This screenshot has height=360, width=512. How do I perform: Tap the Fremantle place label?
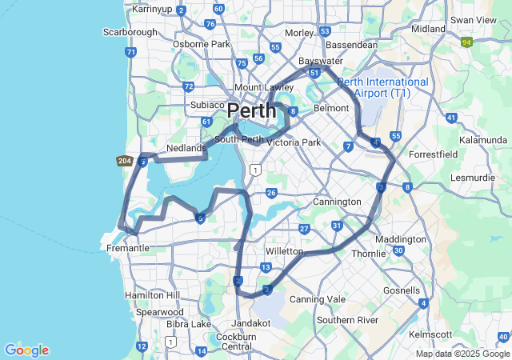tap(128, 248)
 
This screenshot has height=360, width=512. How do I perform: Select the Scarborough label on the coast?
tap(130, 32)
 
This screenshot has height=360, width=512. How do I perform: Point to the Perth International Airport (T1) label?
tap(382, 88)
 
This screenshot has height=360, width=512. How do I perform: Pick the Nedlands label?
tap(186, 149)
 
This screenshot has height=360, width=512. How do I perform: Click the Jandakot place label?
tap(251, 323)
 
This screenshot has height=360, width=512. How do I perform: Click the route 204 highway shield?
tap(124, 162)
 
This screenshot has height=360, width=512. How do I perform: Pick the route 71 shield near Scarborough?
tap(130, 52)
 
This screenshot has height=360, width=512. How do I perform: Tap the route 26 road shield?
tap(272, 193)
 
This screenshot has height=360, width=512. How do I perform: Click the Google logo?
tap(26, 350)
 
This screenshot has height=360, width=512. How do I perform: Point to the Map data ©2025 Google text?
tap(462, 354)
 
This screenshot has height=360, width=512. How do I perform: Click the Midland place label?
tap(428, 29)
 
